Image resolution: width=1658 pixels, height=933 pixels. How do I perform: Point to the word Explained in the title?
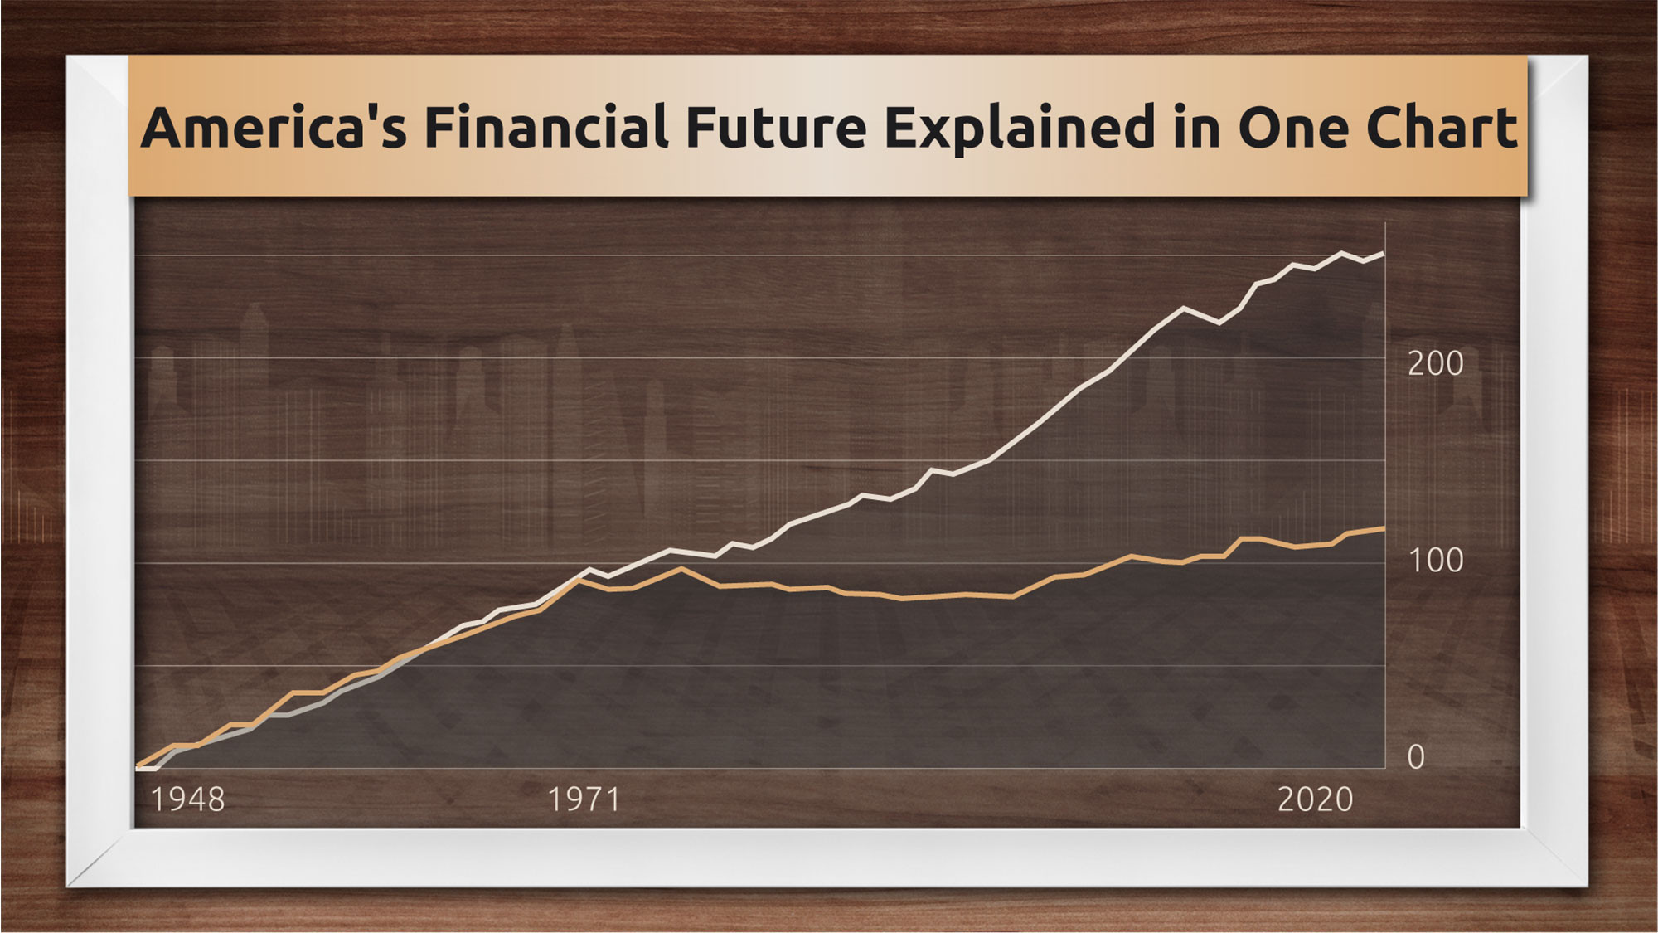[x=1020, y=129]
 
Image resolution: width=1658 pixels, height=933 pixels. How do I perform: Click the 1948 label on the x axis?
[x=187, y=799]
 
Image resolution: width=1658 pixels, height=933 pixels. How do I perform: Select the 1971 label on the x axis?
[x=584, y=799]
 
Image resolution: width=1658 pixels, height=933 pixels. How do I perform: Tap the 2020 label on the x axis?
[x=1315, y=799]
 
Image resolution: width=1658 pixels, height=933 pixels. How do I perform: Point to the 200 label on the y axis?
[x=1435, y=363]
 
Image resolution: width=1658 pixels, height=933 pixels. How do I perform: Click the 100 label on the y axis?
[x=1435, y=561]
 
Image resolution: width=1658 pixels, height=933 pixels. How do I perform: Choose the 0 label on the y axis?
[x=1416, y=757]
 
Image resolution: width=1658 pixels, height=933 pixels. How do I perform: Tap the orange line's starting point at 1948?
[x=137, y=765]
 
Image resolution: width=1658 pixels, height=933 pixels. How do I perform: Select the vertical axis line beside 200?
[x=1385, y=495]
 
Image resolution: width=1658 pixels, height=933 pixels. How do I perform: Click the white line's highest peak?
[x=1342, y=253]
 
